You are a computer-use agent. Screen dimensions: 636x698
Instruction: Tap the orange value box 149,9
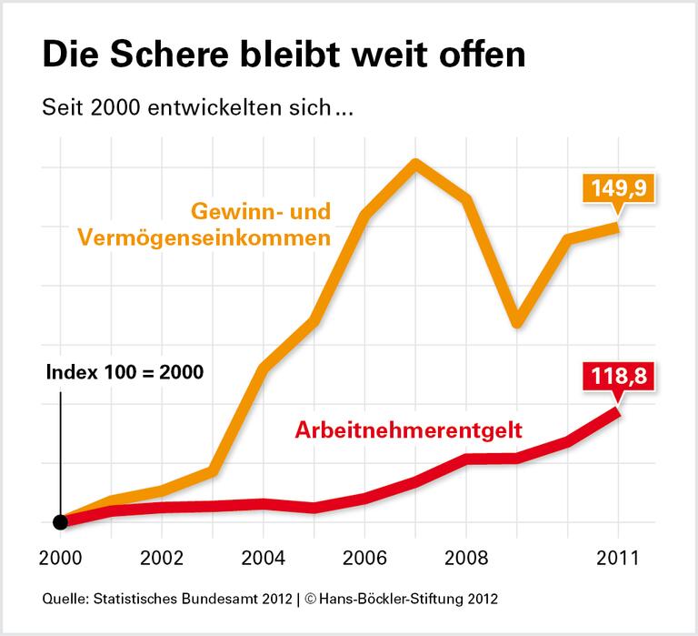point(619,192)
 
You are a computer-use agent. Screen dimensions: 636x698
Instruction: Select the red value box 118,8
point(618,375)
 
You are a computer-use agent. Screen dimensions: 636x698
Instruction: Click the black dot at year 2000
point(61,521)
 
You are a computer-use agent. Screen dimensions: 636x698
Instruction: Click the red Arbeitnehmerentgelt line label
point(409,429)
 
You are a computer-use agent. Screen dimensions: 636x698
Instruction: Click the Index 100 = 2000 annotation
point(125,372)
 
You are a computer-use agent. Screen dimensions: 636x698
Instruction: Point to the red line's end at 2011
point(618,412)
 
